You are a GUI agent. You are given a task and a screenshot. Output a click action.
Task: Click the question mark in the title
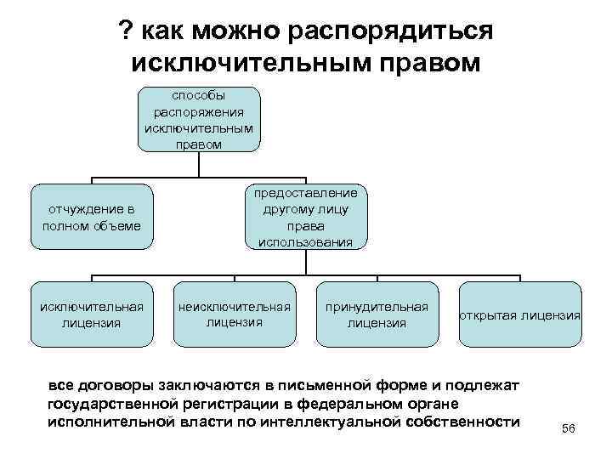(x=127, y=31)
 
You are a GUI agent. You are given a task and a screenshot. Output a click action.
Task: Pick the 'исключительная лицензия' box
(x=92, y=314)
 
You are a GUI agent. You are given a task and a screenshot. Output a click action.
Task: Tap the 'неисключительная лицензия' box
(x=234, y=314)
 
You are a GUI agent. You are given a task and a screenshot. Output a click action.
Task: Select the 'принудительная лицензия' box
(x=377, y=314)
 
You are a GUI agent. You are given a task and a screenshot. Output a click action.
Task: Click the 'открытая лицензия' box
(x=520, y=315)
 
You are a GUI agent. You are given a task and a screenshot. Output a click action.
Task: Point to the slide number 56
(x=569, y=429)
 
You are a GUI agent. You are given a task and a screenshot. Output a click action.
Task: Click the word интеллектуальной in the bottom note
(x=341, y=422)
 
